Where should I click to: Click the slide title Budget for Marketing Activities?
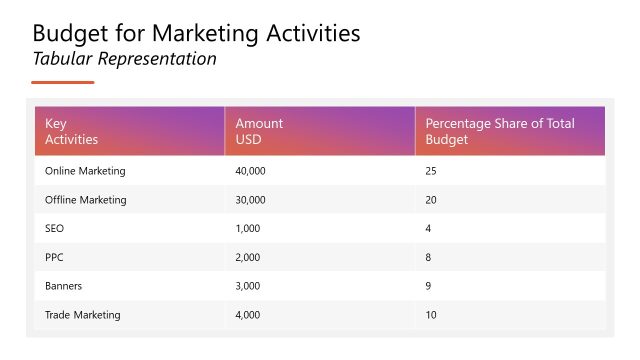197,33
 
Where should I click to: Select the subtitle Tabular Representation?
125,59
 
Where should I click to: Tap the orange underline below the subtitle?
62,82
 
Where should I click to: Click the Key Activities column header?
72,131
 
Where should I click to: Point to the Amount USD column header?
259,131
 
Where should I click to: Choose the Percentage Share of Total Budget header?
500,131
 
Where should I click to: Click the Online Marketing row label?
85,171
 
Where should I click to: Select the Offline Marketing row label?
86,200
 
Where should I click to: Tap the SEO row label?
55,228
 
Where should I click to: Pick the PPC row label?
55,257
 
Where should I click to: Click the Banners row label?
64,286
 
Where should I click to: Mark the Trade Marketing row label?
83,315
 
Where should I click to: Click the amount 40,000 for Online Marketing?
250,171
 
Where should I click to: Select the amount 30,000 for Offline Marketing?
250,200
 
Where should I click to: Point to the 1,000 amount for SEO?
248,228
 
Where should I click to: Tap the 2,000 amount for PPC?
248,257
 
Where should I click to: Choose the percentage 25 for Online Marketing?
431,171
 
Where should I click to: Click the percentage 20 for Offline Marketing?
431,200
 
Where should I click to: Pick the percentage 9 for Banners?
429,286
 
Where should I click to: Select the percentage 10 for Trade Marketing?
431,315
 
